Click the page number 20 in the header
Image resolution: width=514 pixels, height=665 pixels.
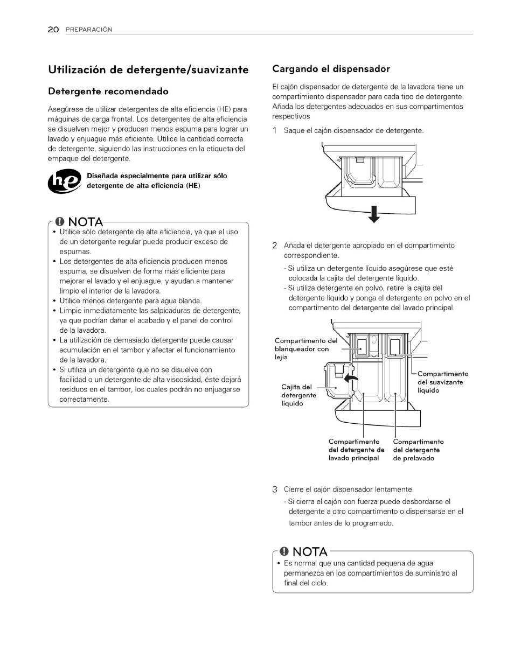(x=53, y=30)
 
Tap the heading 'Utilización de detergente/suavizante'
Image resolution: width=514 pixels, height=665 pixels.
(x=148, y=69)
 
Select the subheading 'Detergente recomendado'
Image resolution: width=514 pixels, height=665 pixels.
(x=108, y=92)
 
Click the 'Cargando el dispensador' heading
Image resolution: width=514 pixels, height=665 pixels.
(x=331, y=69)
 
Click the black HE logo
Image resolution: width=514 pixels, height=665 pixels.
(x=64, y=181)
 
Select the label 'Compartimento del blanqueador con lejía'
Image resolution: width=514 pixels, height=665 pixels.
(x=305, y=349)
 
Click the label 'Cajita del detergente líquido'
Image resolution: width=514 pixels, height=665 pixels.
(x=298, y=395)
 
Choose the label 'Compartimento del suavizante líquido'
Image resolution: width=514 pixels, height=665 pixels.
(x=442, y=382)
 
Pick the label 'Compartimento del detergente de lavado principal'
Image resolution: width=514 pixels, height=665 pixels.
(x=356, y=450)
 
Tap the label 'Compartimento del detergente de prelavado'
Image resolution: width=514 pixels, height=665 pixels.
(x=418, y=450)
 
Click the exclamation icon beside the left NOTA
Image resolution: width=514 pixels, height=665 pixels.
(x=59, y=222)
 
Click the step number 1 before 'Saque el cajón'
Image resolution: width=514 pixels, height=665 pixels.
(x=275, y=131)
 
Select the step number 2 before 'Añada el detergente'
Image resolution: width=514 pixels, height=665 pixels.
(x=275, y=246)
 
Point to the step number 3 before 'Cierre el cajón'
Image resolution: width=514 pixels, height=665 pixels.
(x=275, y=489)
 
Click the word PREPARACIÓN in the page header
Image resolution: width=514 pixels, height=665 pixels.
(x=89, y=30)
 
